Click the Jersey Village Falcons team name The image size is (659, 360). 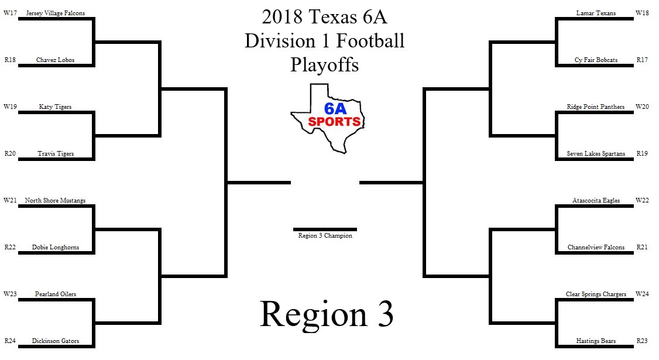coord(56,13)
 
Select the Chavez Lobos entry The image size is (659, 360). coord(56,60)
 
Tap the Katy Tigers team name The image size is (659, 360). coord(56,107)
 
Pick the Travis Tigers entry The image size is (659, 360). coord(56,153)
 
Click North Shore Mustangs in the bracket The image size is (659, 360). coord(56,200)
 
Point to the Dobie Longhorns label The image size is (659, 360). coord(56,247)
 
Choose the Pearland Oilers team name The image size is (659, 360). coord(56,294)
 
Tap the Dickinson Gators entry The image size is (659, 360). coord(56,341)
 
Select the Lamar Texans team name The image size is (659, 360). coord(596,13)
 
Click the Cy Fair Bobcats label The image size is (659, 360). coord(596,60)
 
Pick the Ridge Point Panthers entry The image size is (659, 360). coord(596,107)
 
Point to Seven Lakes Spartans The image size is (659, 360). coord(596,153)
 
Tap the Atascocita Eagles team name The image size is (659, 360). coord(596,200)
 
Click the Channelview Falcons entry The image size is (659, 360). coord(596,247)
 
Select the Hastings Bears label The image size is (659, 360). coord(596,341)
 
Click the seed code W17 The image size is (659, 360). coord(10,13)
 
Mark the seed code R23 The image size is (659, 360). coord(643,341)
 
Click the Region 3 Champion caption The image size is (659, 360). coord(325,236)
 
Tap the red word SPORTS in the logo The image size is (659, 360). coord(334,122)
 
